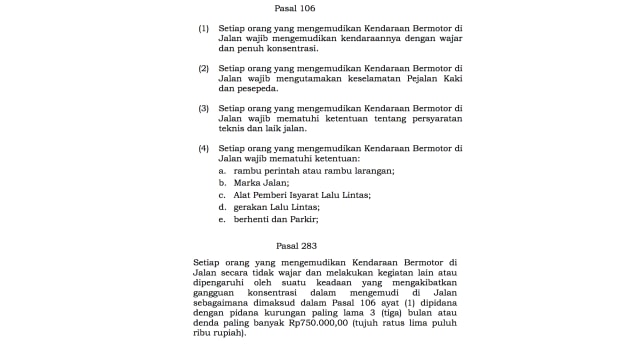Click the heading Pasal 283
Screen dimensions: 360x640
[x=296, y=244]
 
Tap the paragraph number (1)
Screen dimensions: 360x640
[x=204, y=29]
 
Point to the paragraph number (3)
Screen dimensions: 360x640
[x=204, y=108]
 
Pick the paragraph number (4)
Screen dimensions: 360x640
[x=204, y=148]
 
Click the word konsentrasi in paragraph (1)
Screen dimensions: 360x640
[x=290, y=48]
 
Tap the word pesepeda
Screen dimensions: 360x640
[x=256, y=88]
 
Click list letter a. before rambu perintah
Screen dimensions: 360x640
[x=222, y=171]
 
